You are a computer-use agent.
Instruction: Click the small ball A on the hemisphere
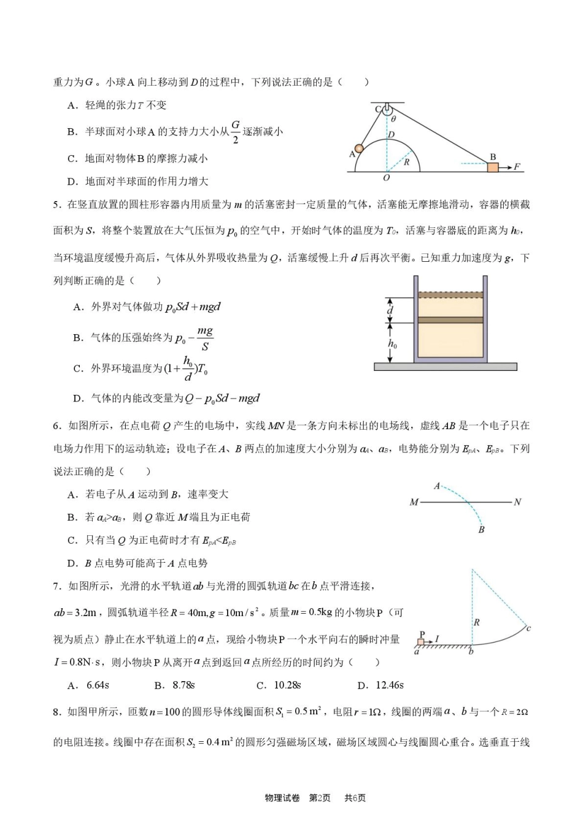359,148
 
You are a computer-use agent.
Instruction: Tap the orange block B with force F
492,167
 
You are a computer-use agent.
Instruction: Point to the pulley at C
386,110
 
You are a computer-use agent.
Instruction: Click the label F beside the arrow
517,167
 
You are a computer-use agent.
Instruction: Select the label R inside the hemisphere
406,162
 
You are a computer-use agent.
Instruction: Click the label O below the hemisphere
386,178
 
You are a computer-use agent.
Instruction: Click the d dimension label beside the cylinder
390,310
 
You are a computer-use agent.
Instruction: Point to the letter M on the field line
414,502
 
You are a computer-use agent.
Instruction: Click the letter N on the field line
517,502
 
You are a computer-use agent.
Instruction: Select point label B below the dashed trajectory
481,529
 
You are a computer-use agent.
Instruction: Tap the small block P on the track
421,642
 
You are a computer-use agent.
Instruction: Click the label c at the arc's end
528,628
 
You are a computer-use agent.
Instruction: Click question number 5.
56,205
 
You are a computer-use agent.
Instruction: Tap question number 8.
56,712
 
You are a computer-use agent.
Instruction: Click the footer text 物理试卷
282,798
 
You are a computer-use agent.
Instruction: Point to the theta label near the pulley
393,119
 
